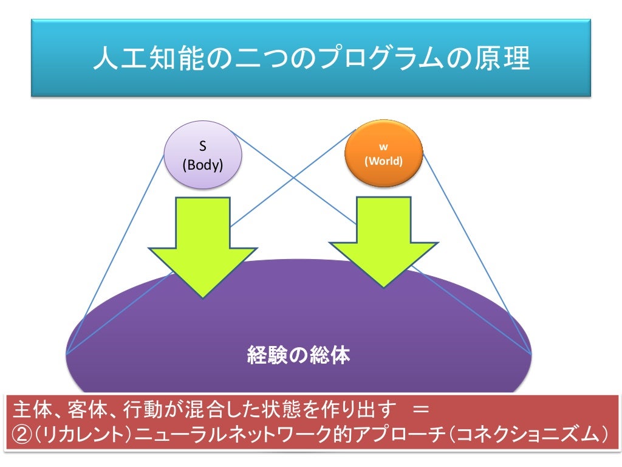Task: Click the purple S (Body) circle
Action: coord(203,154)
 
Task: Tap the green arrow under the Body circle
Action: coord(203,243)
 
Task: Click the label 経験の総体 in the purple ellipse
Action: coord(299,355)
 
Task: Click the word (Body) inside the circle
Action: coord(203,165)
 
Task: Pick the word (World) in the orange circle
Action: coord(383,162)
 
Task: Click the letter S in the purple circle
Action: coord(203,147)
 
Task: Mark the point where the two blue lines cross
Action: coord(294,177)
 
